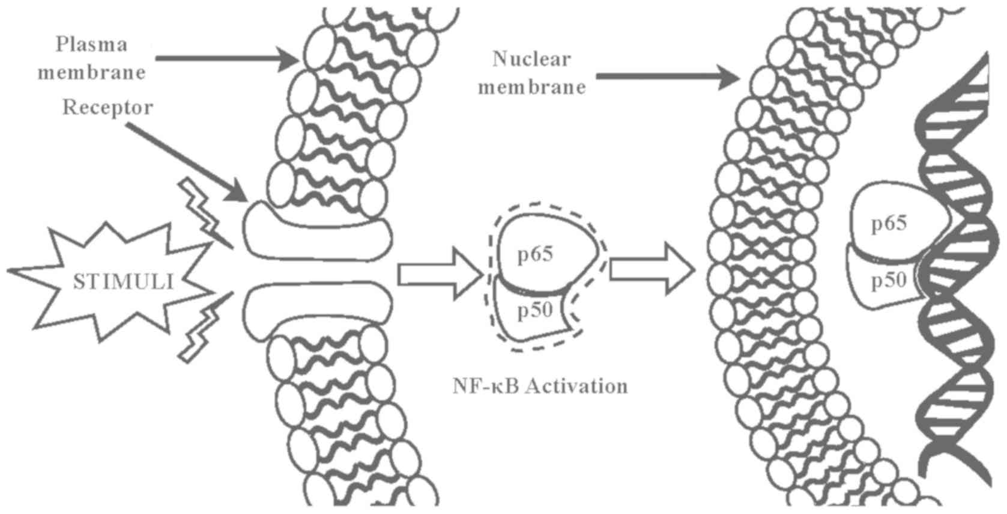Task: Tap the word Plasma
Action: [83, 44]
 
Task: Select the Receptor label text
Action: [108, 108]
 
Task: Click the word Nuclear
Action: [531, 59]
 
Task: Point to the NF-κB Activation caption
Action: [540, 385]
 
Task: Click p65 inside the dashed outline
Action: [535, 254]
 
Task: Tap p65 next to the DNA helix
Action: [889, 224]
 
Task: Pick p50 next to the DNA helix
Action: [888, 280]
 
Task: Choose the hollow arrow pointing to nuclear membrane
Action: [651, 271]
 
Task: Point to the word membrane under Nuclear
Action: [531, 87]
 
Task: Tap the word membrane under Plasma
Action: [92, 72]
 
